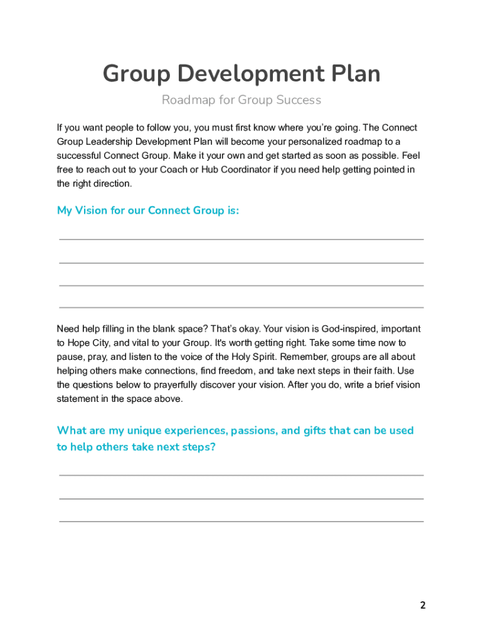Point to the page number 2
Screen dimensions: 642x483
pyautogui.click(x=423, y=605)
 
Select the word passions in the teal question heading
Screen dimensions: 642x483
pyautogui.click(x=255, y=431)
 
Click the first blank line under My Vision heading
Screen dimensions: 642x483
pyautogui.click(x=242, y=239)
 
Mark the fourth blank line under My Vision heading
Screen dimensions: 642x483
pyautogui.click(x=242, y=307)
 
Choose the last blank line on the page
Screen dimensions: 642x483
pyautogui.click(x=242, y=521)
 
